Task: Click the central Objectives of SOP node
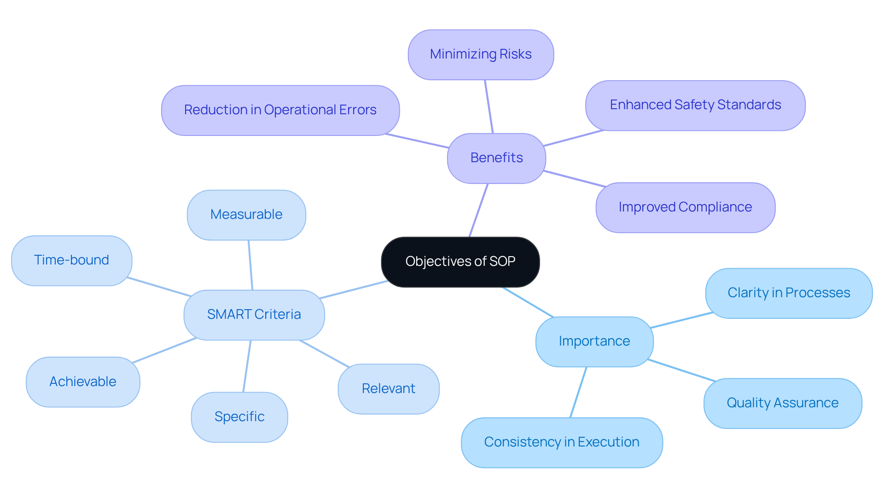point(460,262)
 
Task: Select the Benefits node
point(496,158)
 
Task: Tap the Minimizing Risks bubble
point(481,54)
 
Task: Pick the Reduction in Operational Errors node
point(280,110)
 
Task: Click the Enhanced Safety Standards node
point(695,105)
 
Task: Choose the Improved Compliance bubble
point(685,207)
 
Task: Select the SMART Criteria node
point(254,315)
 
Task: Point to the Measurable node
point(246,215)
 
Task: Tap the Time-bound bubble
point(72,260)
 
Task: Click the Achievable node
point(83,382)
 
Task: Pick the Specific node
point(239,417)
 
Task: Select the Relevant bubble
point(389,389)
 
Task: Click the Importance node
point(594,341)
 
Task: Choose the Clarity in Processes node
point(789,293)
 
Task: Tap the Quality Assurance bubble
point(783,403)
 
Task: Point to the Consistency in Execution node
point(562,442)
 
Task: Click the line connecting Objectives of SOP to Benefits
point(478,210)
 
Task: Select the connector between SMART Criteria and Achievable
point(164,350)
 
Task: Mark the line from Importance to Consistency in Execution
point(578,392)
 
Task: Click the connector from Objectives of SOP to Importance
point(528,302)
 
